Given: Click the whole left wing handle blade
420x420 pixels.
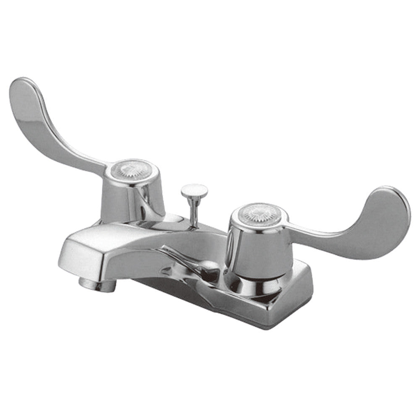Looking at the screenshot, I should [x=50, y=126].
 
